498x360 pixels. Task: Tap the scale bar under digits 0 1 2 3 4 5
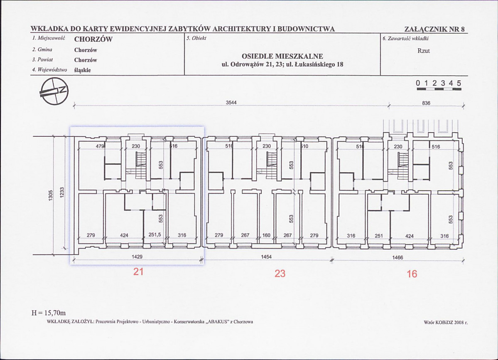pos(439,89)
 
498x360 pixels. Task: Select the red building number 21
pos(138,272)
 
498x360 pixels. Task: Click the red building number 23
pos(280,273)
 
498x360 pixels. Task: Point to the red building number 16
pos(412,274)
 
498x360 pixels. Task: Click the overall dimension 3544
pos(231,103)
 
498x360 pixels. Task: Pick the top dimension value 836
pos(426,103)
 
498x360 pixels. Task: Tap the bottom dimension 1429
pos(137,257)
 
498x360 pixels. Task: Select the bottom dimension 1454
pos(267,257)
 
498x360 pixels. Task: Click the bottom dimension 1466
pos(397,257)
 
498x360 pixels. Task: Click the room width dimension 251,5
pos(155,235)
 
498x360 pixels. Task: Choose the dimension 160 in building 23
pos(267,235)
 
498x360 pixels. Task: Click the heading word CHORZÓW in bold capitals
pos(93,39)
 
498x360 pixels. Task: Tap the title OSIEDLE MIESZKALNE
pos(282,56)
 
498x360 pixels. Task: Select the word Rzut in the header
pos(423,51)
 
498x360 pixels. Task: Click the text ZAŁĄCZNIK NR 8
pos(434,29)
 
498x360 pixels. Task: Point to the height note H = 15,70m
pos(49,313)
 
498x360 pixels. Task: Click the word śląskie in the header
pos(83,70)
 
